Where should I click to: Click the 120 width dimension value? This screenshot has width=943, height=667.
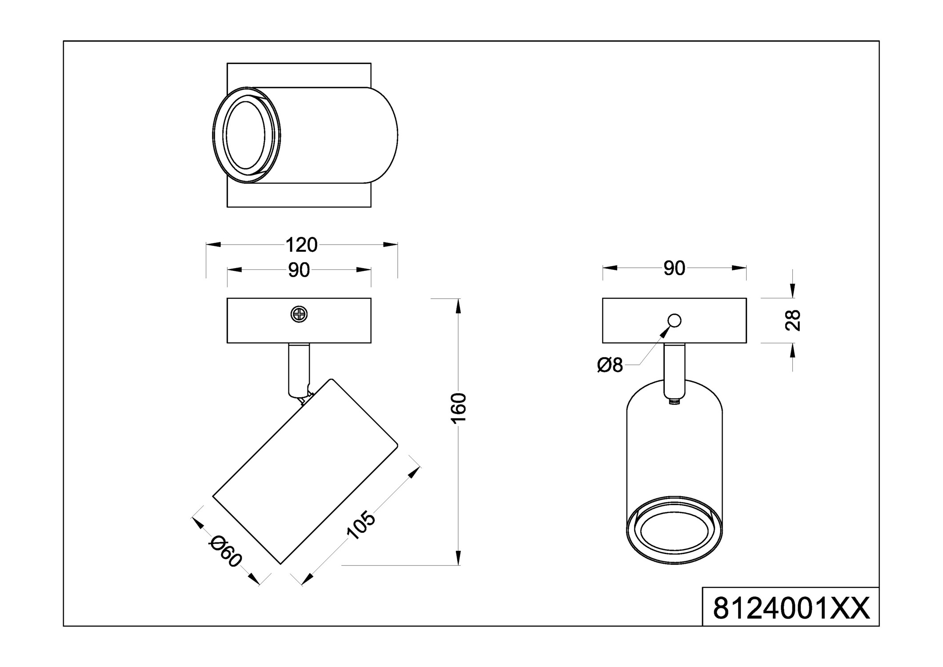[301, 245]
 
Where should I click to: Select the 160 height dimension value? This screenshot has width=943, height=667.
[458, 408]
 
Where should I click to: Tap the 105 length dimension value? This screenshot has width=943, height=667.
[360, 526]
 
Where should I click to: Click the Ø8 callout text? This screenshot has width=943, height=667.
[610, 366]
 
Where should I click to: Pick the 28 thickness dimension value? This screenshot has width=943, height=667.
[793, 320]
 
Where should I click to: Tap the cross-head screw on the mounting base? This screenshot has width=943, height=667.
[299, 314]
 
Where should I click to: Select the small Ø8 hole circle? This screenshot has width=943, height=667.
[674, 320]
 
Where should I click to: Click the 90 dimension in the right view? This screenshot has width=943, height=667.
[674, 268]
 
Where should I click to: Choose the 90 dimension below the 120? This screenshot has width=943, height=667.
[299, 270]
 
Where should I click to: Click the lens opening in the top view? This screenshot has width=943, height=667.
[245, 135]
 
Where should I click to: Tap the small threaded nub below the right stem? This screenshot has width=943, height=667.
[674, 402]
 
